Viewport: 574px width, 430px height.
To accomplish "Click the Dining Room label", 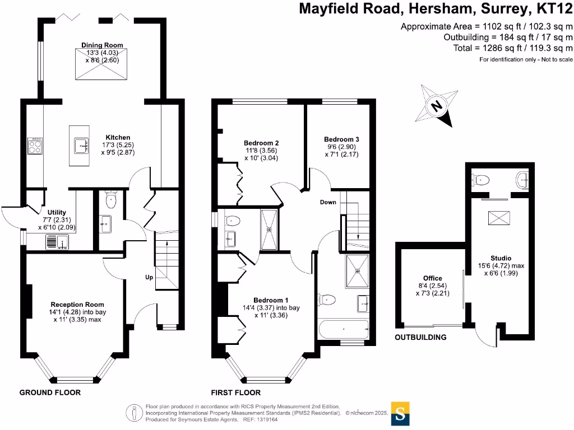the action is tap(102, 45).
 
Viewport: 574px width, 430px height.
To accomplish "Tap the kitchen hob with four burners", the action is tap(35, 146).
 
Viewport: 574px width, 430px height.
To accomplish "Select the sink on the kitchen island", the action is tap(81, 146).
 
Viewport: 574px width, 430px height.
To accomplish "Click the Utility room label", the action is tap(57, 212).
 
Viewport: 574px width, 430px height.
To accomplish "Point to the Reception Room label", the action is tap(77, 304).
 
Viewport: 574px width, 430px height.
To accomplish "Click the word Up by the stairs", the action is tap(149, 277).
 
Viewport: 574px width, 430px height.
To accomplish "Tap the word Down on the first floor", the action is tap(328, 202).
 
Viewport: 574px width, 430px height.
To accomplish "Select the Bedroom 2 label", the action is tap(261, 143).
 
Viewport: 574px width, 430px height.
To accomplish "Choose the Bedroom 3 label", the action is tap(341, 139).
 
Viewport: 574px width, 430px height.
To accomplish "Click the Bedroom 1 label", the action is tap(271, 300).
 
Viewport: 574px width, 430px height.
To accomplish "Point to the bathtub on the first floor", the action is tap(344, 329).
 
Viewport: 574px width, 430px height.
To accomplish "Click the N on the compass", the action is tap(437, 106).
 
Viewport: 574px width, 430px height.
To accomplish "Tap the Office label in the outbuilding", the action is tap(433, 278).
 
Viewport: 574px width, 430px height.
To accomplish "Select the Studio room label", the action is tap(501, 258).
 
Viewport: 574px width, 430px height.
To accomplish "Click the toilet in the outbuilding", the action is tap(480, 180).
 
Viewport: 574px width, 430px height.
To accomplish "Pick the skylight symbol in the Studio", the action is tap(499, 218).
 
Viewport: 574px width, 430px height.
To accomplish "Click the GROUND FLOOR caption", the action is tap(50, 392).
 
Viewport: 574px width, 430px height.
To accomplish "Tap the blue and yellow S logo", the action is tap(400, 414).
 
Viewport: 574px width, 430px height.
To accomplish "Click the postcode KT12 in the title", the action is tap(554, 8).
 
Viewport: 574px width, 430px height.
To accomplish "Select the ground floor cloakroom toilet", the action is tap(110, 200).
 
